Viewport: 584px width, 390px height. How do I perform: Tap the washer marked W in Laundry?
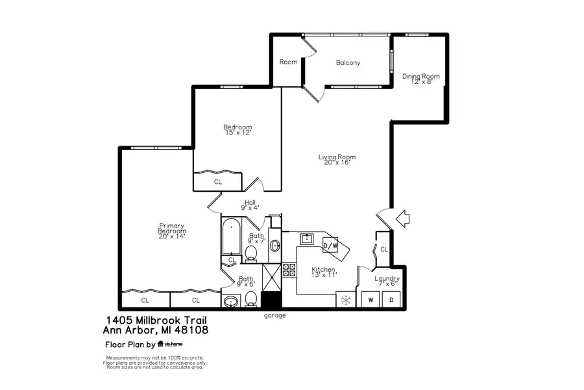[371, 300]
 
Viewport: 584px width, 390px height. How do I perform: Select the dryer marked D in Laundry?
[391, 300]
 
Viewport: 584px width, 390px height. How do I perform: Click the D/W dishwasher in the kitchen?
[331, 246]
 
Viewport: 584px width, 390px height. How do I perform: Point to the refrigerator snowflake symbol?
[346, 300]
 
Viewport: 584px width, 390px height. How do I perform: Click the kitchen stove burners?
[289, 270]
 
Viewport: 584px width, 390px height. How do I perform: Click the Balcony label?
[348, 63]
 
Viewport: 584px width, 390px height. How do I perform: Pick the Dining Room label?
[420, 79]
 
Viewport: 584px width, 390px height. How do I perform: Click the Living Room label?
[337, 160]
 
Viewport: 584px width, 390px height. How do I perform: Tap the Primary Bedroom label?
[172, 231]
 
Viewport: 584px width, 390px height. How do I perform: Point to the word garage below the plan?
[274, 316]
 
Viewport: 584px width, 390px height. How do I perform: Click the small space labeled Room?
[288, 62]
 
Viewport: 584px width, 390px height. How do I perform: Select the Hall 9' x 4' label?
[250, 205]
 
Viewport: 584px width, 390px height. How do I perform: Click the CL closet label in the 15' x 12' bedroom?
[217, 183]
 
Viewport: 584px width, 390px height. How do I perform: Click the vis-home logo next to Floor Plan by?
[171, 344]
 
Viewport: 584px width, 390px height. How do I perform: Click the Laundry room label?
[387, 281]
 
